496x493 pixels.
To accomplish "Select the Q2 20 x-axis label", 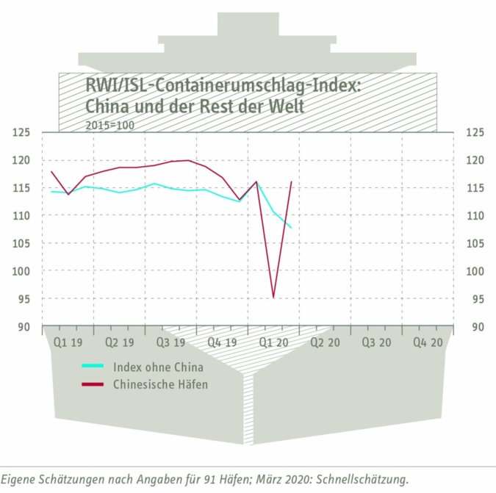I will (324, 342).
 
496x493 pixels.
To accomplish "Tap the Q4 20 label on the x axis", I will (427, 342).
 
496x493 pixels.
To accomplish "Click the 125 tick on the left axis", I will (24, 133).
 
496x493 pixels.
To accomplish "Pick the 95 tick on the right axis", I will (475, 299).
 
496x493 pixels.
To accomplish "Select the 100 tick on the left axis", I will (24, 271).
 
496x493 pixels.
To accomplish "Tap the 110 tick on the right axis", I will (475, 216).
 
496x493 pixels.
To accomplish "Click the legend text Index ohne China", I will (158, 367).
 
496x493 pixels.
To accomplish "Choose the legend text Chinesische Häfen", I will (160, 384).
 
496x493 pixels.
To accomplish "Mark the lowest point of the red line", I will (273, 298).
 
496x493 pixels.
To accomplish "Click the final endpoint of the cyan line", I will (291, 228).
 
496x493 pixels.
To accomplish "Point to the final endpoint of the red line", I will (292, 181).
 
